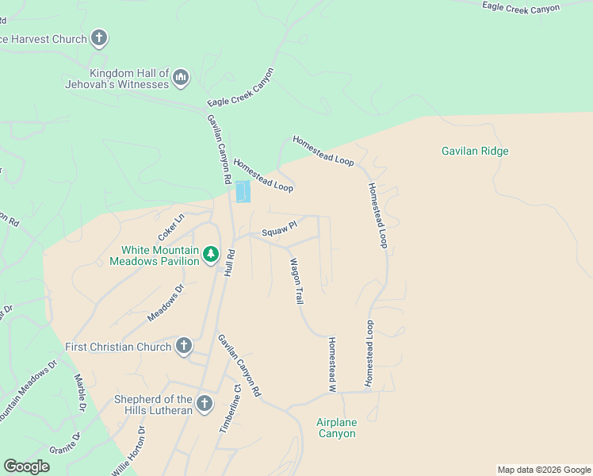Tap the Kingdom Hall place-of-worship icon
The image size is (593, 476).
(x=181, y=77)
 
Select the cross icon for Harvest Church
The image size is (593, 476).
(x=99, y=37)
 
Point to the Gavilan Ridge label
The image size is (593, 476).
(x=474, y=151)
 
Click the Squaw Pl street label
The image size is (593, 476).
(x=279, y=228)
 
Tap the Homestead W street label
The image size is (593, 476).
(x=332, y=365)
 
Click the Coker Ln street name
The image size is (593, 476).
(x=170, y=226)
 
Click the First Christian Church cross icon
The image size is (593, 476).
(x=183, y=346)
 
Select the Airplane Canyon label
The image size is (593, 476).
(x=337, y=428)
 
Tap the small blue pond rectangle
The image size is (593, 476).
(x=243, y=192)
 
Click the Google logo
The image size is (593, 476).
(x=26, y=466)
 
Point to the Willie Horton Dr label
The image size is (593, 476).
(x=129, y=451)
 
